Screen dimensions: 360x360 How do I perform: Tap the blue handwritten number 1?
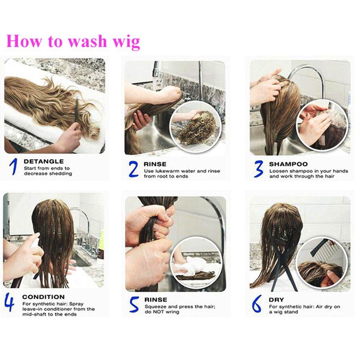click(14, 166)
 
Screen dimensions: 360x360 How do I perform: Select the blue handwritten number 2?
click(134, 169)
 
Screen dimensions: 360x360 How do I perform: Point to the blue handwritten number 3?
click(258, 169)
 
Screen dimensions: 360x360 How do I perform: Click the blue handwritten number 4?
click(9, 302)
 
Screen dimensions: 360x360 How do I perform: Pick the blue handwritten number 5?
click(134, 304)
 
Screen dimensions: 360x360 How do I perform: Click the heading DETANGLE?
click(44, 161)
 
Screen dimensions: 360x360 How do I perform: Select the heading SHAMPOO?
click(288, 164)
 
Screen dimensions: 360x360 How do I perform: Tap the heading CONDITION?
click(44, 297)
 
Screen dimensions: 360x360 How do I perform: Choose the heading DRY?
click(276, 300)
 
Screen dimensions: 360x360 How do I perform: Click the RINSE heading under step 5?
click(156, 300)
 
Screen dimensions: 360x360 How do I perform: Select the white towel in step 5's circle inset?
click(188, 266)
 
